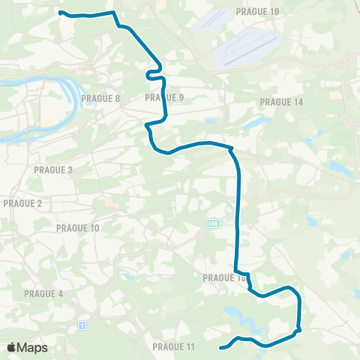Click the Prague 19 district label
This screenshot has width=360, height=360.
[x=257, y=12]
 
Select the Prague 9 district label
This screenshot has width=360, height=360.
[x=164, y=97]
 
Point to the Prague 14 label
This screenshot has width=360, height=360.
[x=280, y=102]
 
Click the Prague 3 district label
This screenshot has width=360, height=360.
[x=53, y=170]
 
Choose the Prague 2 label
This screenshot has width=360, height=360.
[x=22, y=203]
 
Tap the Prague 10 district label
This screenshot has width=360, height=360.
[x=78, y=228]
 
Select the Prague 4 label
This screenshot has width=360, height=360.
[x=43, y=293]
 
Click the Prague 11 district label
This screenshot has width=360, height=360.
[x=173, y=346]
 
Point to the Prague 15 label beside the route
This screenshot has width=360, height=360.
[x=223, y=277]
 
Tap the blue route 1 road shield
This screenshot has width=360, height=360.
[x=80, y=325]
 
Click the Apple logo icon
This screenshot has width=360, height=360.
[x=11, y=347]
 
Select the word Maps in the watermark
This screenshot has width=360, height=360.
[x=32, y=347]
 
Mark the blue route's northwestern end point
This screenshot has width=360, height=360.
[x=60, y=12]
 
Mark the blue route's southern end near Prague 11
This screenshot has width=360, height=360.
[x=220, y=347]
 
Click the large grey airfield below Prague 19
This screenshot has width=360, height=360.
[x=247, y=51]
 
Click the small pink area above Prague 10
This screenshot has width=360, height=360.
[x=111, y=202]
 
